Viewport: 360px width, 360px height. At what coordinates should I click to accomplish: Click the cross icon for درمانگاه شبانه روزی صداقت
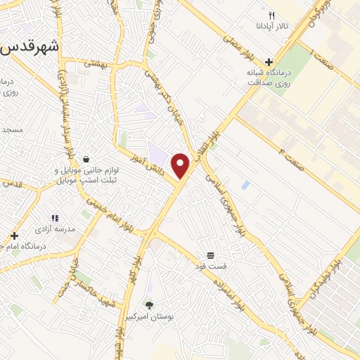point(269,62)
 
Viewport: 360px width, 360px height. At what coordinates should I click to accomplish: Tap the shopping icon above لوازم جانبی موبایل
point(86,159)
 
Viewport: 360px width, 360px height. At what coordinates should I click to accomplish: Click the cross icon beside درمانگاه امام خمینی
point(14,236)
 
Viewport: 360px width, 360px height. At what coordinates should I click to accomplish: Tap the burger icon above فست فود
point(210,255)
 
